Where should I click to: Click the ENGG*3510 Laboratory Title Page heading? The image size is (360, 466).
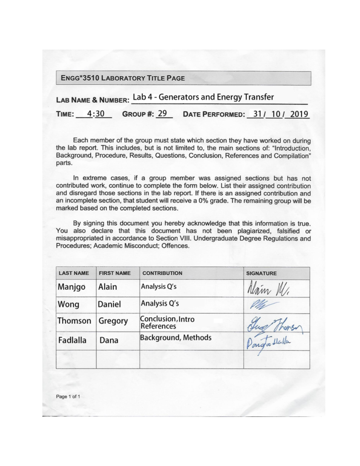(123, 78)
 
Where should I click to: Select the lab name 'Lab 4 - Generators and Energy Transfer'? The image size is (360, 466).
(203, 97)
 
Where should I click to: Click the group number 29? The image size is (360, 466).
(162, 113)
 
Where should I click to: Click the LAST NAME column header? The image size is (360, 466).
(74, 273)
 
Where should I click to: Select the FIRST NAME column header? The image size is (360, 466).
(115, 273)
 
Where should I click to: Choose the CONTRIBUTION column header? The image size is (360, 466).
(162, 273)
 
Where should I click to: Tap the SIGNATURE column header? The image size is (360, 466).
(261, 273)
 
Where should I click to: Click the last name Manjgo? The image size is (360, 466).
(71, 287)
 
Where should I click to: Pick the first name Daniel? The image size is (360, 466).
(109, 304)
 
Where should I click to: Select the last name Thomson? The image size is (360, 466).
(74, 321)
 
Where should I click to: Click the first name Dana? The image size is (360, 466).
(109, 340)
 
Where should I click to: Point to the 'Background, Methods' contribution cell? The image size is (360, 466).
(176, 338)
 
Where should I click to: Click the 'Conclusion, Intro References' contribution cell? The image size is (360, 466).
(167, 323)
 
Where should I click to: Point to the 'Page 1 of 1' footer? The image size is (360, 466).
(68, 396)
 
